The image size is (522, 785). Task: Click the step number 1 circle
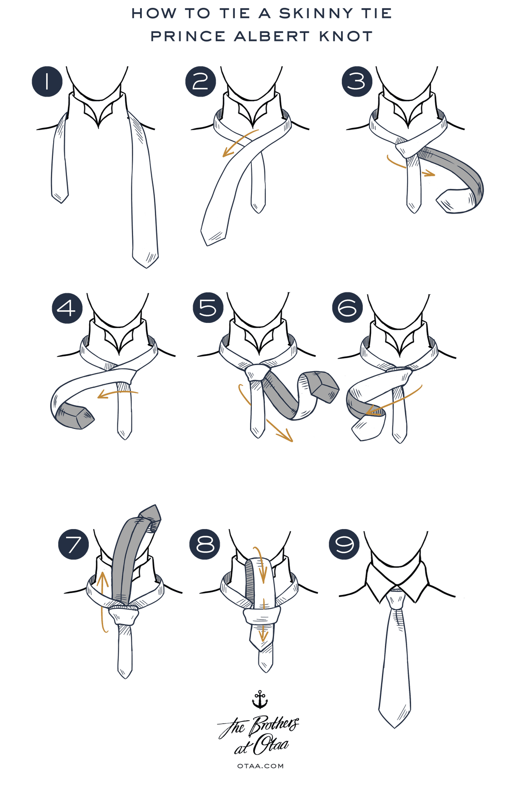(x=47, y=81)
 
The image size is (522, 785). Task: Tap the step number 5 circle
(x=208, y=308)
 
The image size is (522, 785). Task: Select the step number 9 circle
(x=345, y=544)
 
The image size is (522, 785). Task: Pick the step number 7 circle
(x=74, y=544)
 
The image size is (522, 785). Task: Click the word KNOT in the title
(x=346, y=36)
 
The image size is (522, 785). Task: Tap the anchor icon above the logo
(x=260, y=699)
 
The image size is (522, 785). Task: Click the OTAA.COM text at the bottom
(x=261, y=766)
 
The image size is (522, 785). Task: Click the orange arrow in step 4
(x=117, y=394)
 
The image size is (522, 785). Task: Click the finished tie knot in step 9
(x=396, y=600)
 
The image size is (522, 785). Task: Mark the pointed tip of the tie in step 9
(x=395, y=727)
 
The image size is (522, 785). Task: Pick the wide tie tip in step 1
(x=146, y=260)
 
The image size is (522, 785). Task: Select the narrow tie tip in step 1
(x=60, y=197)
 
